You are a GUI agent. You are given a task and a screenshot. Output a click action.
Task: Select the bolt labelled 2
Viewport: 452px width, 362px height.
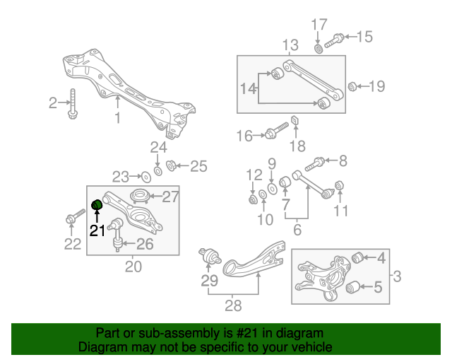tap(73, 105)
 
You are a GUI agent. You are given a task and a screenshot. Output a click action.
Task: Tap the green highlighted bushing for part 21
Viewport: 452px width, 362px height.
tap(98, 206)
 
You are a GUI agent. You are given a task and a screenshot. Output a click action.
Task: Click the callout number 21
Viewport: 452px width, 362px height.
tap(97, 230)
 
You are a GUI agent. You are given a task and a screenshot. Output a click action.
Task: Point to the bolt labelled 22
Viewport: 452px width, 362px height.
tap(70, 221)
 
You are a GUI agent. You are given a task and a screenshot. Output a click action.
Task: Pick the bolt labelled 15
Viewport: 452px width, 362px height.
tap(335, 39)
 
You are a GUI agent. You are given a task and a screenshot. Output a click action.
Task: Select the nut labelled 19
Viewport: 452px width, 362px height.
tap(351, 87)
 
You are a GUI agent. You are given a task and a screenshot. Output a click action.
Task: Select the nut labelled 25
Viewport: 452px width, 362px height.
tap(170, 166)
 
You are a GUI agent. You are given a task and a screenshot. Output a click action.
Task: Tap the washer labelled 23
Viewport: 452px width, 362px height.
tap(145, 176)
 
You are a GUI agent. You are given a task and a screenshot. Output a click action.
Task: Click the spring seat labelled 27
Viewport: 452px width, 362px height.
tap(140, 197)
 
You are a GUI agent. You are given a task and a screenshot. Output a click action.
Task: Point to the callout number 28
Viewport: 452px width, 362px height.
tap(232, 305)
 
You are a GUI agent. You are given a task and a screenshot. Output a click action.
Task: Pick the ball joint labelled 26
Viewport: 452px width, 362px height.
tap(118, 244)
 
